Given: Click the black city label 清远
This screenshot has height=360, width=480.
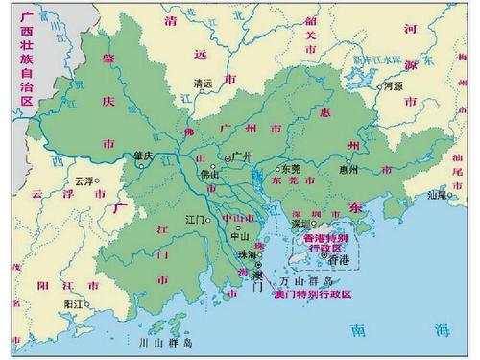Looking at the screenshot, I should coord(202,83).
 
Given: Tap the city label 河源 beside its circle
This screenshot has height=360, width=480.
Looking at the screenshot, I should coord(394,85).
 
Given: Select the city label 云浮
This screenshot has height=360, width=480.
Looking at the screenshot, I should coord(84,180).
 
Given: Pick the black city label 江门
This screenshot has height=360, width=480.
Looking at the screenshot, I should coord(195,220).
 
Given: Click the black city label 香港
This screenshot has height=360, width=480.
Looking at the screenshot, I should coord(338,259).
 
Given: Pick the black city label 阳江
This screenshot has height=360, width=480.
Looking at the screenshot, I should coord(73,303).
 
